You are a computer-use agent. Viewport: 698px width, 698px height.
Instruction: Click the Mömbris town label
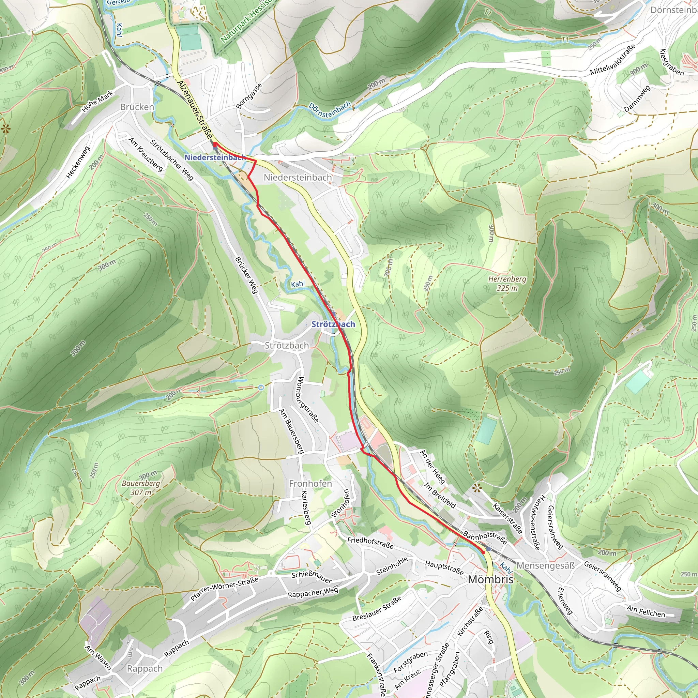tap(490, 579)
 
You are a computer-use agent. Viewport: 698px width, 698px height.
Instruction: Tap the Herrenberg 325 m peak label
tap(507, 284)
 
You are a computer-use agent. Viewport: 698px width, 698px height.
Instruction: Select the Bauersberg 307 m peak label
tap(141, 488)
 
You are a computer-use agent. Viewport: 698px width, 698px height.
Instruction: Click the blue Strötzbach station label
tap(333, 324)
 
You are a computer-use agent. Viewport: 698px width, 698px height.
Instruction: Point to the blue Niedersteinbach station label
tap(215, 157)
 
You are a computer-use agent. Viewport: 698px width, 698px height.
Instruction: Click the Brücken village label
tap(137, 107)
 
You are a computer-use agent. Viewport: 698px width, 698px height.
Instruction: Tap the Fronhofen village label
tap(310, 483)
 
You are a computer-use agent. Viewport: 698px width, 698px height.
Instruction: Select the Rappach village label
tap(145, 669)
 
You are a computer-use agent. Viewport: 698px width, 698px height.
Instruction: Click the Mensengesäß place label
tap(546, 566)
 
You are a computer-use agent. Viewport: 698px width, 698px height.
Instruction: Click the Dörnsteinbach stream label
tap(330, 110)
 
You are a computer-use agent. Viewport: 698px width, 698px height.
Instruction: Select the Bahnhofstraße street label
tap(485, 537)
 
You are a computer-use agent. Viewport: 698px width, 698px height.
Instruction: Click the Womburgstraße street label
tap(308, 399)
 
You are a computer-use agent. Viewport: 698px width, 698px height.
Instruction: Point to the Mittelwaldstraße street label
tap(612, 60)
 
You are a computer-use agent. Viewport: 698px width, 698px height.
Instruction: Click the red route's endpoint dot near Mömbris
tap(483, 552)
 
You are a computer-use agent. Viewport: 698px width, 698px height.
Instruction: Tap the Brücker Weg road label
tap(247, 275)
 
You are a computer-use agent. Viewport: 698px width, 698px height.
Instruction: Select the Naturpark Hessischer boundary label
tap(246, 21)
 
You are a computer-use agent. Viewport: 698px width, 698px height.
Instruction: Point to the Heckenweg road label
tap(78, 163)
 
